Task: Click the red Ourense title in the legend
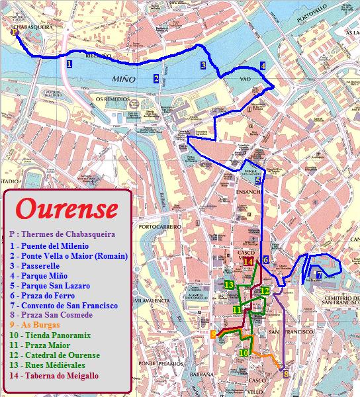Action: coord(66,208)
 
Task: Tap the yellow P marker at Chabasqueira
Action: coord(15,31)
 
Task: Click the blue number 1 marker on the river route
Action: coord(69,64)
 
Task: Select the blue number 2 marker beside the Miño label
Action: coord(156,79)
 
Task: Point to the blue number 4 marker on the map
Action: coord(263,66)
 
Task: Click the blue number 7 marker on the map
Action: coord(318,275)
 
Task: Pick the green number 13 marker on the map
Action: coord(229,285)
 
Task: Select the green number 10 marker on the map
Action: coord(244,353)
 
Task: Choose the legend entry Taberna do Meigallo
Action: coord(54,375)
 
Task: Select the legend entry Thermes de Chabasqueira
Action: coord(62,234)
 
